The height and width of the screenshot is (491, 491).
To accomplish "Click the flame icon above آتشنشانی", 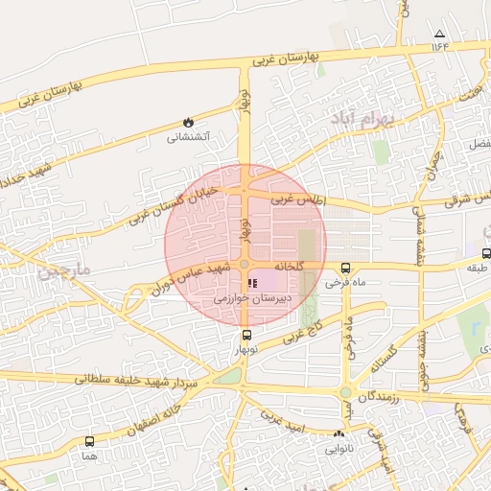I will coord(188,123).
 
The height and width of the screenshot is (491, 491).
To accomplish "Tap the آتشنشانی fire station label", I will coord(188,137).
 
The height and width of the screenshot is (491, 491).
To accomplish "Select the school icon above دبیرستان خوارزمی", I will coord(252,284).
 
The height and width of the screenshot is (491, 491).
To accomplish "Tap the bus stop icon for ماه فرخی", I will coord(345,269).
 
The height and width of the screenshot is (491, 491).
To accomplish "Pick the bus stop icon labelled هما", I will coord(90,441).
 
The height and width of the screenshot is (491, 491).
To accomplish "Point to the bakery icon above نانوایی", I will coord(339,434).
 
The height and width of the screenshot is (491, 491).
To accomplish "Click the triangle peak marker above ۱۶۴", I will coord(440,33).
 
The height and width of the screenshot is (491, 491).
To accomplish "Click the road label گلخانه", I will coord(289,265).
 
